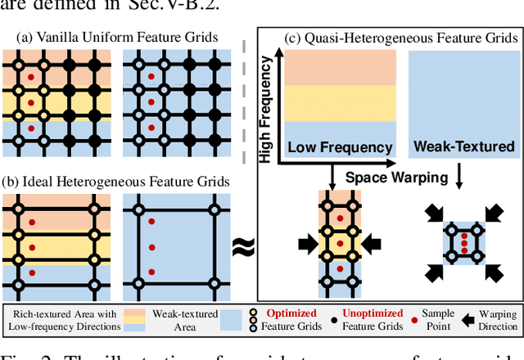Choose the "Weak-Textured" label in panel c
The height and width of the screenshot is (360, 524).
(465, 147)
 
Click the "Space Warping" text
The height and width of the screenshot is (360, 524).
(396, 177)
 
